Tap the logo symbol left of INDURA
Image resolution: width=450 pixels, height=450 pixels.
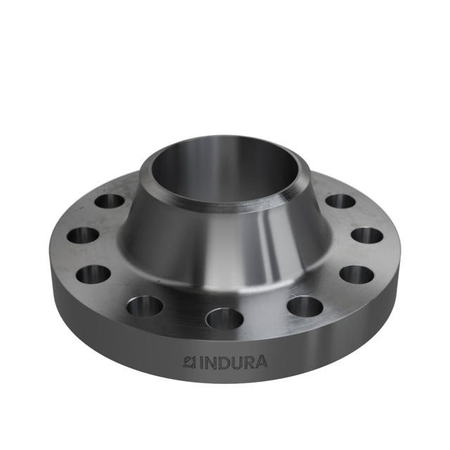pos(188,362)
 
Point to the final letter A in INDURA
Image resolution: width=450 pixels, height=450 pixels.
pos(260,363)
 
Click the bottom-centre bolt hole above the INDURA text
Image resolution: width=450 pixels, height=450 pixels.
pos(224,319)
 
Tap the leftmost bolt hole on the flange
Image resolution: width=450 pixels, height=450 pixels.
pos(83,235)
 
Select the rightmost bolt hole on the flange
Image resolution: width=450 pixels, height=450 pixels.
pos(367,236)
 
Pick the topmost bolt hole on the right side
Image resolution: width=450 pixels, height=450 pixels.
pos(340,201)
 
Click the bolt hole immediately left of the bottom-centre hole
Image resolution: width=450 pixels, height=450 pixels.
pos(145,306)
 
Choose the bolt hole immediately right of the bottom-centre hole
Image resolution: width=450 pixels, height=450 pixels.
pos(305,306)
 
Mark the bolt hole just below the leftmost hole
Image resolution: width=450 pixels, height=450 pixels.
pos(94,274)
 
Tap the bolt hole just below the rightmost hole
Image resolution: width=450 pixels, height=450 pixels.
pos(356,274)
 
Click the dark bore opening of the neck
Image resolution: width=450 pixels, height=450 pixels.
pos(225,165)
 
